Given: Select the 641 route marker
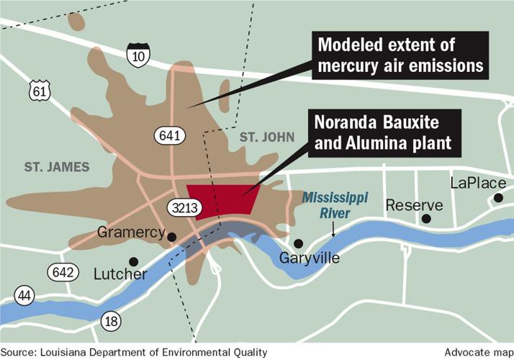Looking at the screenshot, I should click(x=170, y=135).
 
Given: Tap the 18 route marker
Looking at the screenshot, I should click(x=112, y=321).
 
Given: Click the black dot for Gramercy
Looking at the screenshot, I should click(x=172, y=237).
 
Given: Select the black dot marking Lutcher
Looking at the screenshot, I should click(x=132, y=261).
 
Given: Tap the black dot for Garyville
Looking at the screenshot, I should click(x=298, y=243).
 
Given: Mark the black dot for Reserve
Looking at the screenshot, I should click(x=426, y=218).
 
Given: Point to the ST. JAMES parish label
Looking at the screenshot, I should click(x=57, y=167).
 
